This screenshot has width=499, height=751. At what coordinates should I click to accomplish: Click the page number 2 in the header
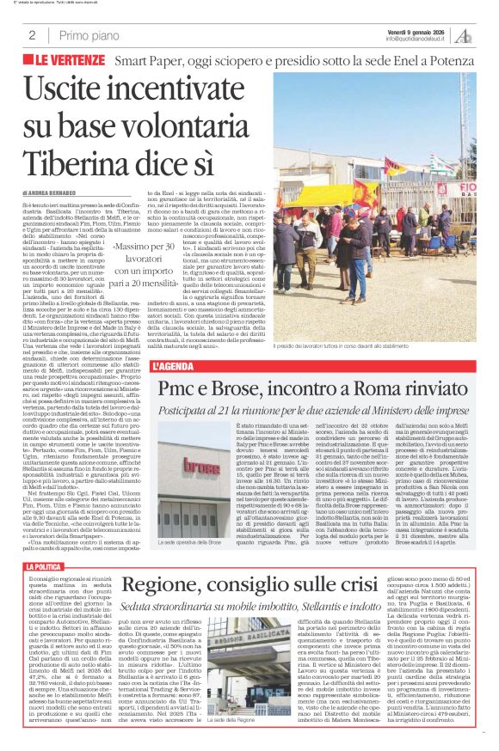(x=31, y=35)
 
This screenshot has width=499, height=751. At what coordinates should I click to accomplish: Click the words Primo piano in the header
(x=89, y=35)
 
